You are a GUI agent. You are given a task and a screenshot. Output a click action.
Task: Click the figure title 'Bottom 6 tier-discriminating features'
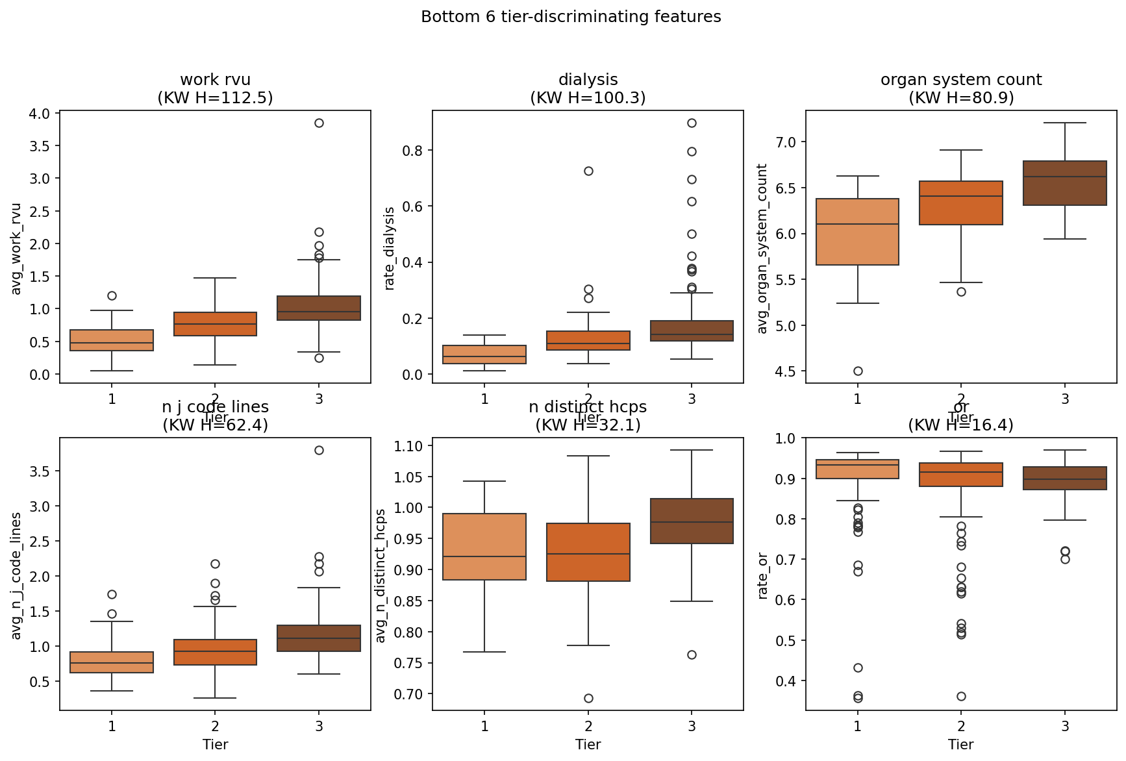pyautogui.click(x=571, y=17)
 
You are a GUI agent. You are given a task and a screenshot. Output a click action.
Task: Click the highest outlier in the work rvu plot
pyautogui.click(x=319, y=123)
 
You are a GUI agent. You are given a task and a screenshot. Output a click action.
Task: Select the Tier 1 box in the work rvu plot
pyautogui.click(x=112, y=340)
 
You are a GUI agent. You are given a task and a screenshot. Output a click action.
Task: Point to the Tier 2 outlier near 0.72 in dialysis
pyautogui.click(x=588, y=171)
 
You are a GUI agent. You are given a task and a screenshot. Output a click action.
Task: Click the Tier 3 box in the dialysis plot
pyautogui.click(x=692, y=331)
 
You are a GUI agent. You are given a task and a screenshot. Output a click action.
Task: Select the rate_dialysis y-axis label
pyautogui.click(x=390, y=248)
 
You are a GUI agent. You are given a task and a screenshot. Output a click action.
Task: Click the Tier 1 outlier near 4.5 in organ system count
pyautogui.click(x=858, y=371)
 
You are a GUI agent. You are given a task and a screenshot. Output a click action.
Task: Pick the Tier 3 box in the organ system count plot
pyautogui.click(x=1065, y=183)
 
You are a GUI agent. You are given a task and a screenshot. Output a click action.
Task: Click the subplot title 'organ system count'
pyautogui.click(x=961, y=80)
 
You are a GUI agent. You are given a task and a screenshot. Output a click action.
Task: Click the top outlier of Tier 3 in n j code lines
pyautogui.click(x=319, y=450)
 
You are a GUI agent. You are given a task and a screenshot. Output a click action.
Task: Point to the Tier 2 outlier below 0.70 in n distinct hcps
pyautogui.click(x=588, y=698)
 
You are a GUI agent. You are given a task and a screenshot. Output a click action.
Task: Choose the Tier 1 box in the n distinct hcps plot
pyautogui.click(x=484, y=547)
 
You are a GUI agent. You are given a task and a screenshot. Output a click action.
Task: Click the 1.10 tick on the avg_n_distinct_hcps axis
pyautogui.click(x=408, y=446)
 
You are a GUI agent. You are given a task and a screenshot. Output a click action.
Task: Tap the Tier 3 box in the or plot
pyautogui.click(x=1065, y=478)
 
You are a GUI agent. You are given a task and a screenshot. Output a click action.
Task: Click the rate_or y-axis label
pyautogui.click(x=763, y=575)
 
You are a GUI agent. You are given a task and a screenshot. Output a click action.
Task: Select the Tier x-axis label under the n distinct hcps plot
pyautogui.click(x=588, y=745)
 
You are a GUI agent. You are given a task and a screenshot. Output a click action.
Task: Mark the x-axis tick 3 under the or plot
pyautogui.click(x=1065, y=726)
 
